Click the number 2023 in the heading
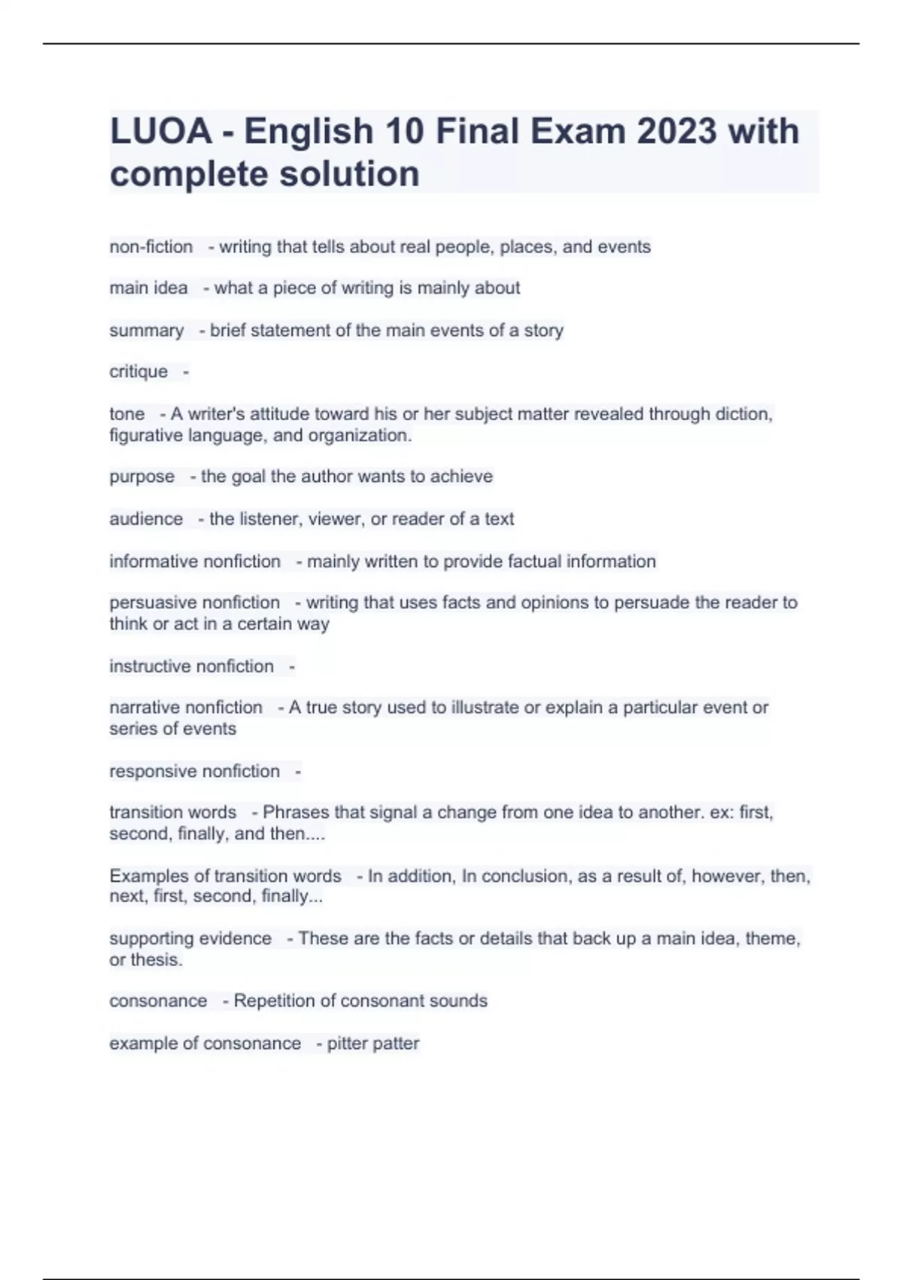click(676, 131)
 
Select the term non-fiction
click(150, 247)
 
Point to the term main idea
click(148, 288)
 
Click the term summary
click(146, 331)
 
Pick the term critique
click(138, 371)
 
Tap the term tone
click(126, 414)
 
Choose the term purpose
click(141, 477)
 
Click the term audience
click(146, 519)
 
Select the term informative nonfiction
click(194, 562)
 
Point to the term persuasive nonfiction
click(194, 602)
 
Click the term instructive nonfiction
click(191, 666)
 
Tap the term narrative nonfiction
click(186, 708)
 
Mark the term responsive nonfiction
click(194, 771)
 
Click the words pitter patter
click(372, 1044)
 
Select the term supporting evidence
click(190, 938)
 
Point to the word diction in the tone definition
click(745, 414)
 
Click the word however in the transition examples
click(726, 876)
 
